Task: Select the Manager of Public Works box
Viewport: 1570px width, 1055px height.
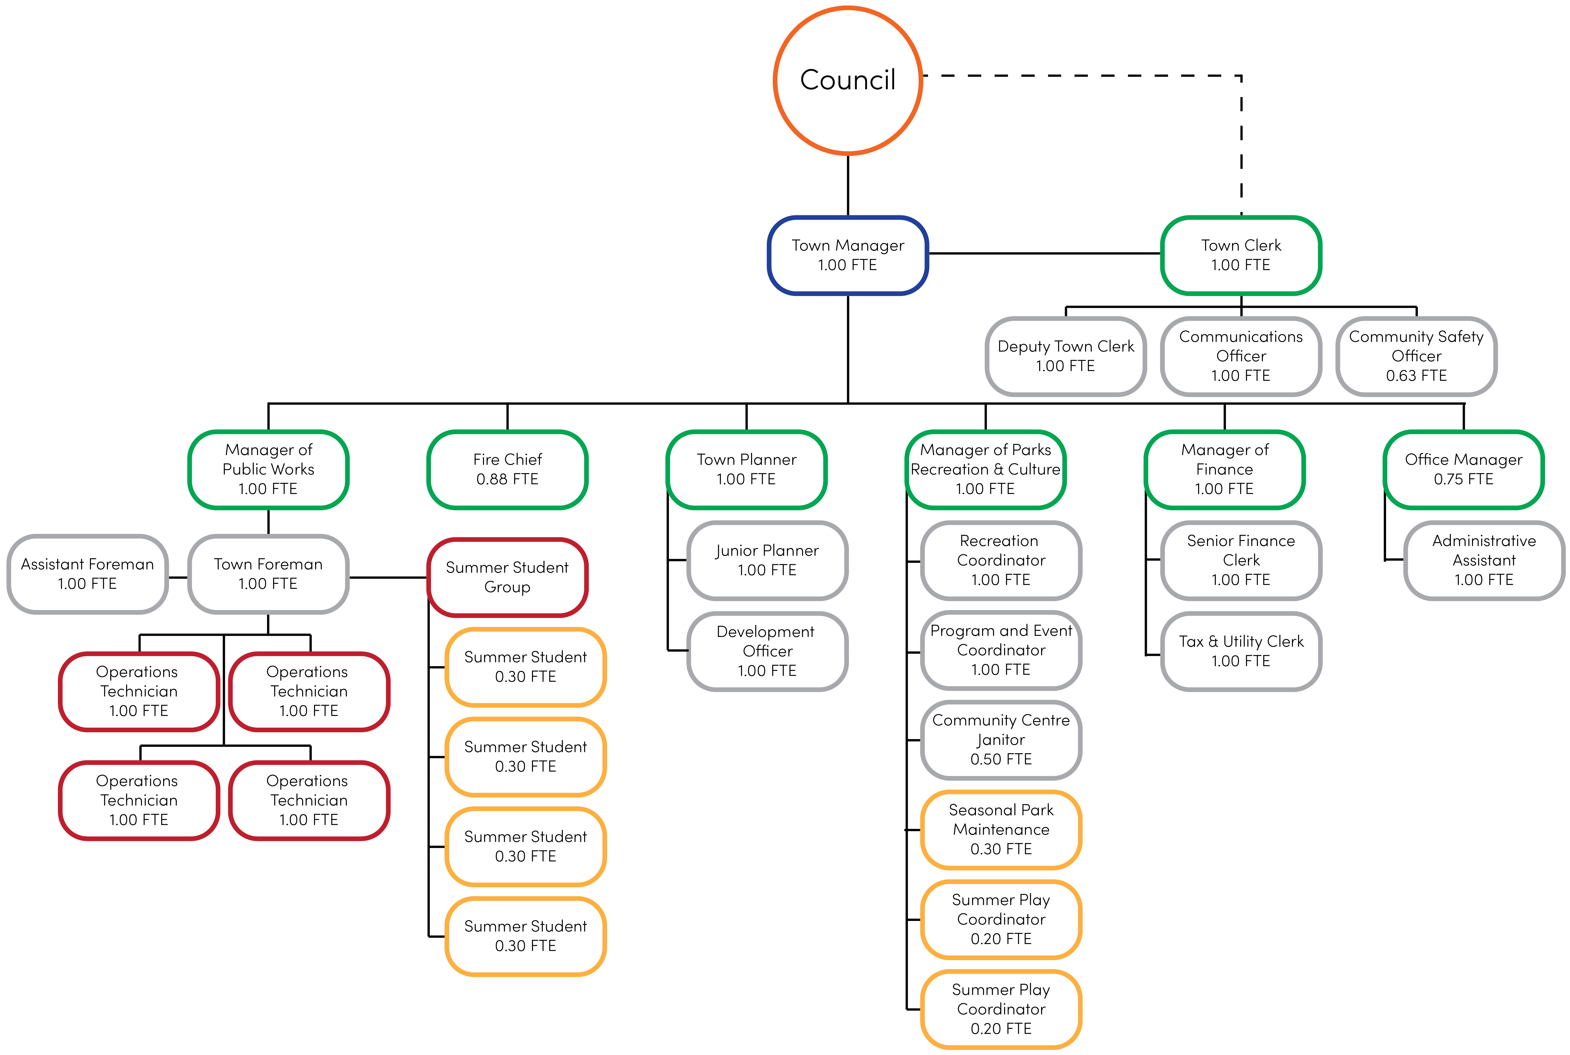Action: click(268, 469)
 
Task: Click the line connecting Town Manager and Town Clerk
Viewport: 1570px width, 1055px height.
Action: click(1044, 254)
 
